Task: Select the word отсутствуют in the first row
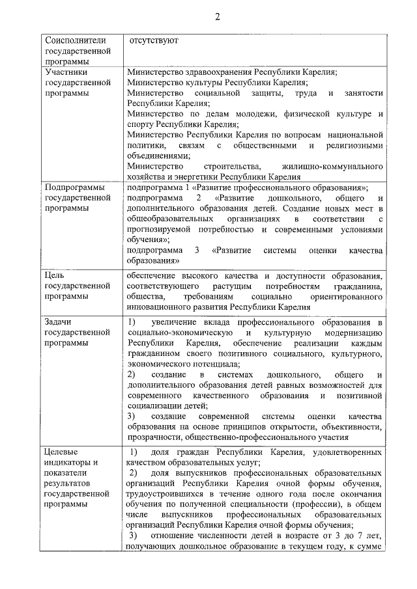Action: tap(153, 40)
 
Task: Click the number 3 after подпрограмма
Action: tap(197, 251)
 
